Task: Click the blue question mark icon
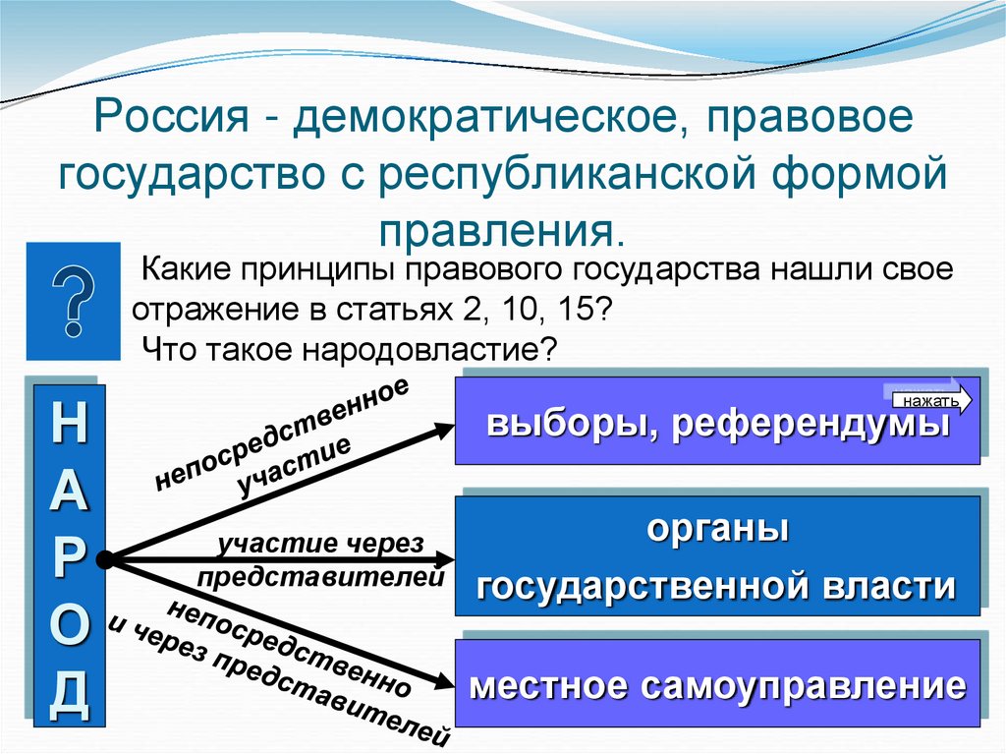pyautogui.click(x=74, y=300)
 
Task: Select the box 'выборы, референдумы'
pyautogui.click(x=717, y=425)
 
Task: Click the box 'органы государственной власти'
pyautogui.click(x=717, y=556)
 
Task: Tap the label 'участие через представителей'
pyautogui.click(x=322, y=560)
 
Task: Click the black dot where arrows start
pyautogui.click(x=107, y=559)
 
